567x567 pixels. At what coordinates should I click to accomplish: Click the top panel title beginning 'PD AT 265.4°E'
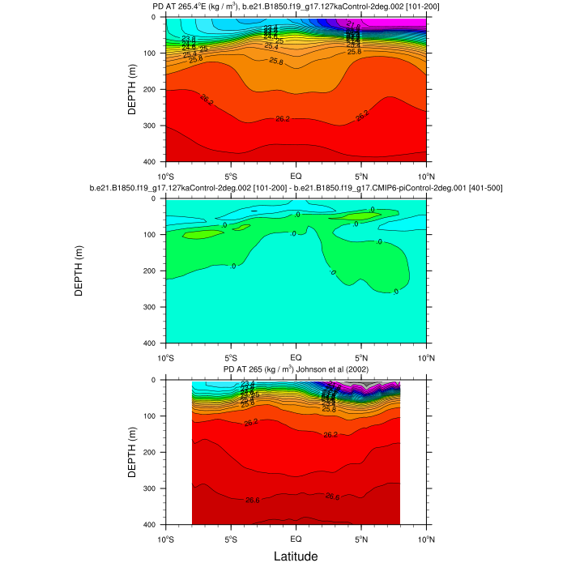coord(295,6)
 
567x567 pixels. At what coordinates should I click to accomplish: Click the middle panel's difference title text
coord(295,188)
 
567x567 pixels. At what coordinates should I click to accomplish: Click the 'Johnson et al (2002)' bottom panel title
coord(295,369)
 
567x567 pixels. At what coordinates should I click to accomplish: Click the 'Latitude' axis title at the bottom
coord(295,556)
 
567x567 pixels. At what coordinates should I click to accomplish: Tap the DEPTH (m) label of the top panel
coord(132,89)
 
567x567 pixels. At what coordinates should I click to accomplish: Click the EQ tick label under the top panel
coord(296,175)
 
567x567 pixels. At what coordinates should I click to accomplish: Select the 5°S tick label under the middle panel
coord(230,356)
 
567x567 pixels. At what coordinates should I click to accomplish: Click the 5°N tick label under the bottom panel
coord(360,538)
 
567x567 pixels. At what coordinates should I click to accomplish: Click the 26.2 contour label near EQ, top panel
coord(283,119)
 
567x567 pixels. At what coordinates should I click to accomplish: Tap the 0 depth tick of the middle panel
coord(156,198)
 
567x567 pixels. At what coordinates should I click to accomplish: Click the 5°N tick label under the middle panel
coord(360,356)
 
